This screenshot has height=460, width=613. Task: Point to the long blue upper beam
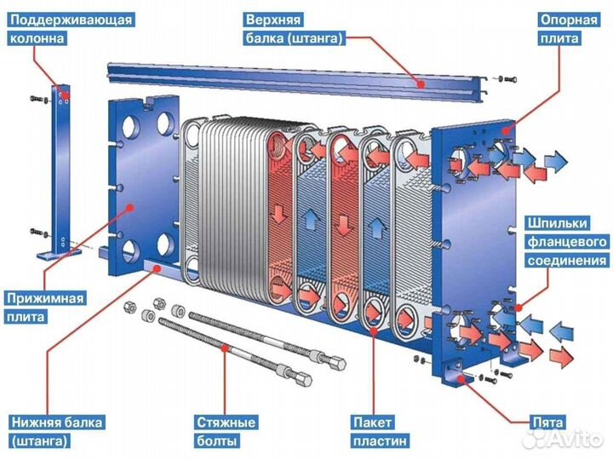(298, 77)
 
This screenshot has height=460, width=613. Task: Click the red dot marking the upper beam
(420, 82)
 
